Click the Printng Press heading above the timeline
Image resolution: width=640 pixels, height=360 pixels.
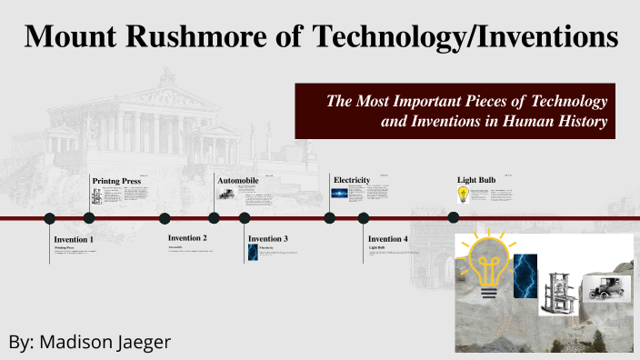[117, 181]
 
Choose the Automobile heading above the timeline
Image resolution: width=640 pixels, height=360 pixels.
[238, 181]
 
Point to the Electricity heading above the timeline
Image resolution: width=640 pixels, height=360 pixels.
[352, 180]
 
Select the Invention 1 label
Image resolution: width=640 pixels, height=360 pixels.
[74, 239]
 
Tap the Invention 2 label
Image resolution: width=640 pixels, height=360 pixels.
[188, 238]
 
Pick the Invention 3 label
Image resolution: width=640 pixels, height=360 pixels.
[268, 239]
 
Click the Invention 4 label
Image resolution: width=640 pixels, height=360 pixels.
[388, 239]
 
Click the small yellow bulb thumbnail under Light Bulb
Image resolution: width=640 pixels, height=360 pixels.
[463, 194]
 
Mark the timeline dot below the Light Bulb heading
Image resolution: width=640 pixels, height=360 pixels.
[454, 217]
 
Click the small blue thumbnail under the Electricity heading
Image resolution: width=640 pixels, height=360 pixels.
[339, 194]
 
